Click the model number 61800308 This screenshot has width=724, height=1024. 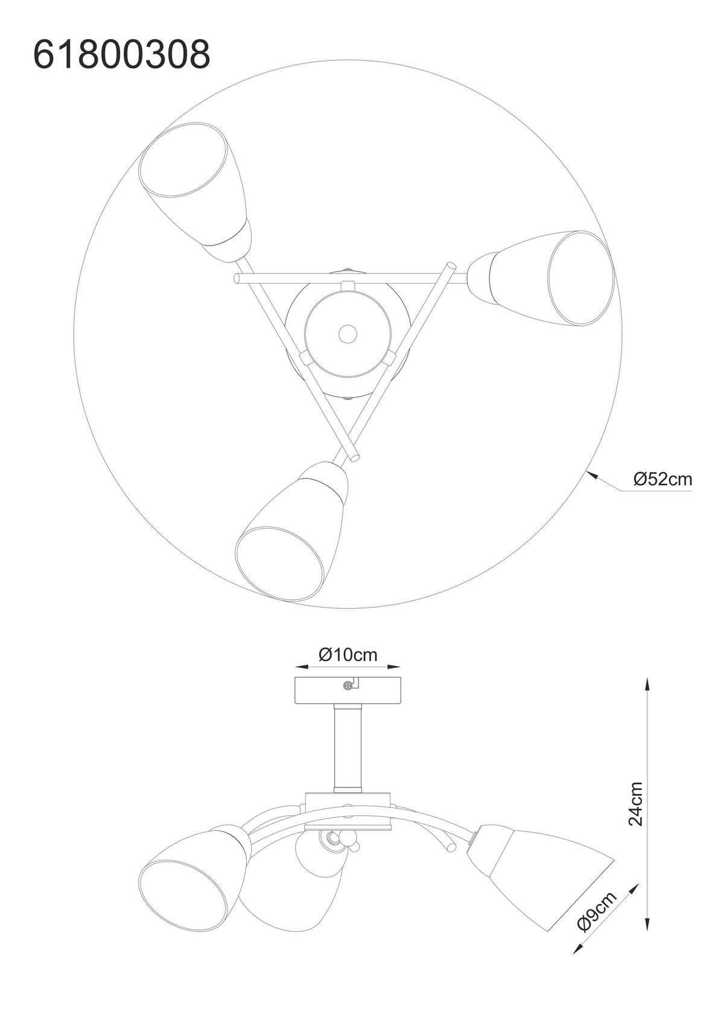coord(122,54)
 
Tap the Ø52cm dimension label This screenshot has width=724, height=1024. coord(662,479)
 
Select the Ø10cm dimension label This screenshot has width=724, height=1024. coord(348,655)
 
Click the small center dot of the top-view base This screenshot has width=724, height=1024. coord(348,332)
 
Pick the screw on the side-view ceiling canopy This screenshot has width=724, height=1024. coord(348,684)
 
